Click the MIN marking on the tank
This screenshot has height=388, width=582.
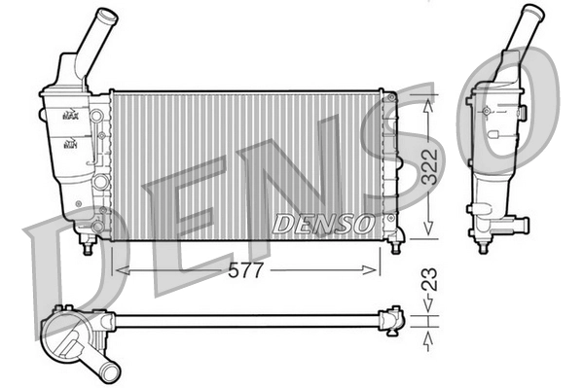tap(70, 145)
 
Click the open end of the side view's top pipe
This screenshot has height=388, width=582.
tap(530, 13)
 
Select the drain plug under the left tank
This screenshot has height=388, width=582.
tap(88, 247)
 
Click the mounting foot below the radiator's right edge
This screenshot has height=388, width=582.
tap(394, 245)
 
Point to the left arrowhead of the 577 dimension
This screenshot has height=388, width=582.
tap(119, 271)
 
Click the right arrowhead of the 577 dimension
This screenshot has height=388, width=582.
tap(377, 271)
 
